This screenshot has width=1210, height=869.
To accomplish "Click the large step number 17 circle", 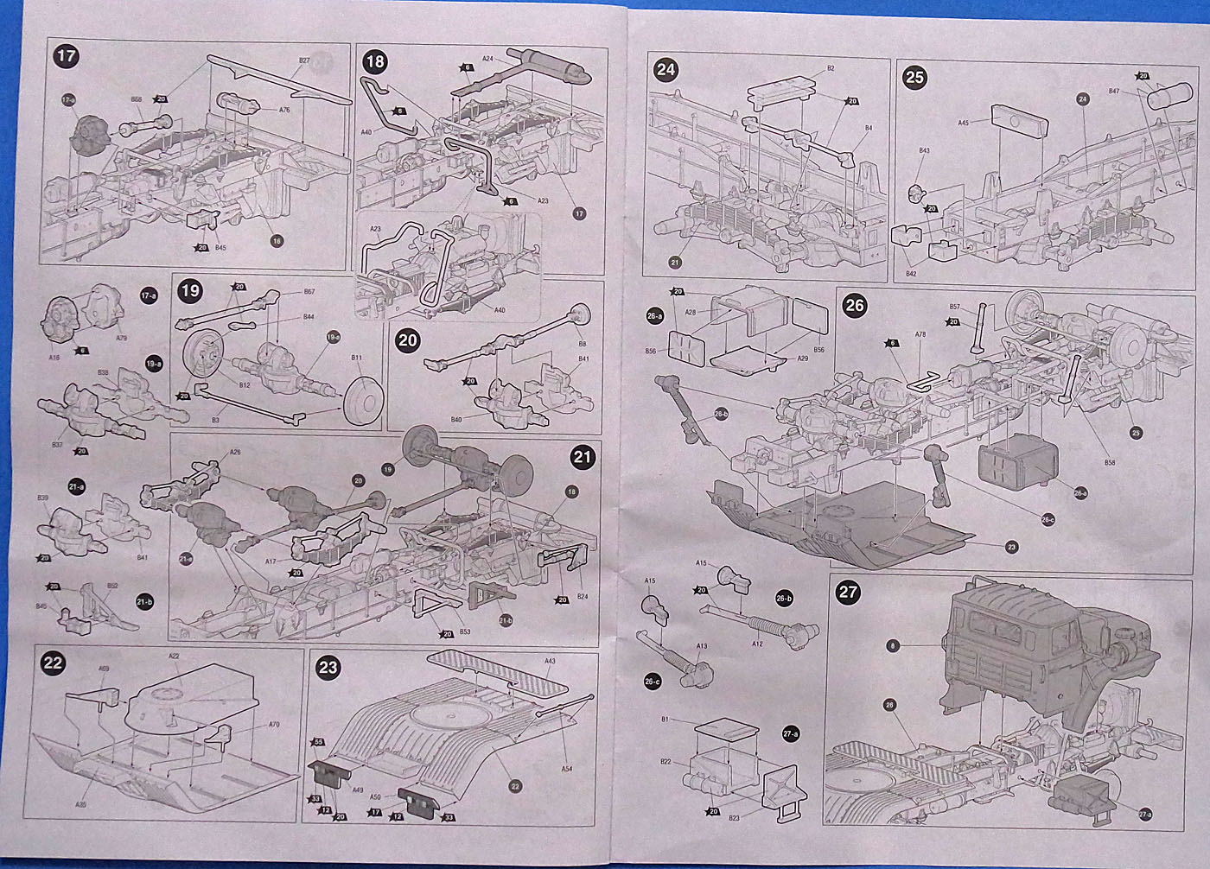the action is click(66, 57).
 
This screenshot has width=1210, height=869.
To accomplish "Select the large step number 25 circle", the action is click(914, 77).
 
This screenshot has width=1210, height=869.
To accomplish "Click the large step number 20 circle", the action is click(407, 340).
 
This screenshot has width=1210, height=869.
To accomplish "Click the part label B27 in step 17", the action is click(304, 61).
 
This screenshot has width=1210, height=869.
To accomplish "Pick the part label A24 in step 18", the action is click(487, 60).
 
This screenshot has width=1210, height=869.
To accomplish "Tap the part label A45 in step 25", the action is click(964, 123).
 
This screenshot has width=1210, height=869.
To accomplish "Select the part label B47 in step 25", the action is click(1114, 91).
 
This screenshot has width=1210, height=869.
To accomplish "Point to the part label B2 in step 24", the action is click(830, 67).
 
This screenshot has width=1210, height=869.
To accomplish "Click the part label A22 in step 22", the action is click(174, 657).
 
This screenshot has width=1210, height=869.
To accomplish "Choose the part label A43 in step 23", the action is click(550, 662).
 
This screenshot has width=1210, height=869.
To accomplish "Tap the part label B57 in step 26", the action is click(955, 307).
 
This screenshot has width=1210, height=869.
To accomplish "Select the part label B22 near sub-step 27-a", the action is click(690, 760).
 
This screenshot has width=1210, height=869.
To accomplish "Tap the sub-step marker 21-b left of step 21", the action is click(144, 599).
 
